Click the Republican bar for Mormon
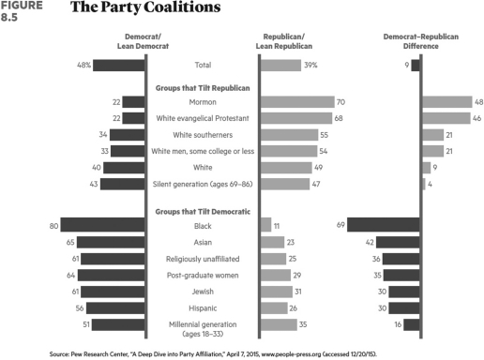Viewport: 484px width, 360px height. click(x=297, y=101)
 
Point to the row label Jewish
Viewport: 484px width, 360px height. click(x=203, y=292)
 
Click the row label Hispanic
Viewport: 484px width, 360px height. click(x=203, y=307)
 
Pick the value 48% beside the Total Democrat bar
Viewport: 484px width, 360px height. click(x=83, y=66)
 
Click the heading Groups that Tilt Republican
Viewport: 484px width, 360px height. click(x=203, y=86)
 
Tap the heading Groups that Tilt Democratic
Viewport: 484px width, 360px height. click(x=203, y=212)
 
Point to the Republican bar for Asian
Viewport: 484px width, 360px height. click(x=272, y=242)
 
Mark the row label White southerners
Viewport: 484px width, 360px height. click(x=203, y=135)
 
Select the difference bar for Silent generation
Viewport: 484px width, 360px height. click(x=424, y=184)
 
